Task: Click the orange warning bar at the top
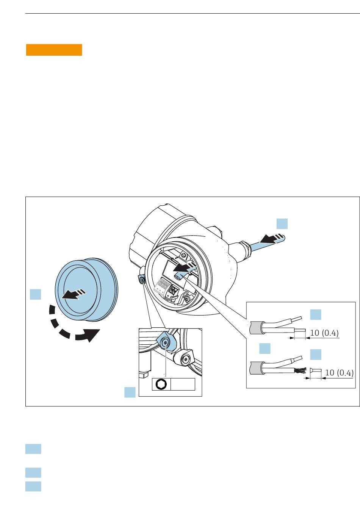(x=54, y=50)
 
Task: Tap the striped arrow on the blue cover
(x=74, y=294)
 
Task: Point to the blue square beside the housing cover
(x=36, y=294)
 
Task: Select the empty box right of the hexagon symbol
(x=183, y=384)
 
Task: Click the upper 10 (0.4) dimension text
(x=324, y=333)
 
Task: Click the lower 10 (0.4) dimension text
(x=339, y=373)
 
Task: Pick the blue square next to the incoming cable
(x=282, y=223)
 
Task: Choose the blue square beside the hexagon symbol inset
(x=130, y=392)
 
